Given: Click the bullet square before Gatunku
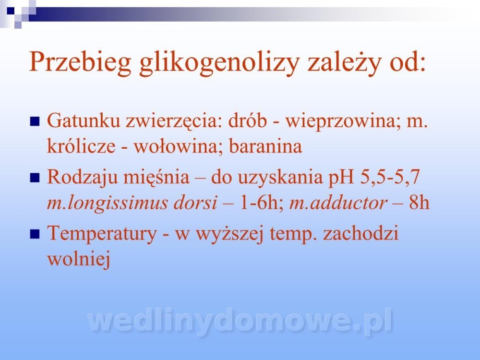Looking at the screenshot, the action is tap(35, 121).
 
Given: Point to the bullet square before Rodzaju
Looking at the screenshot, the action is tap(35, 178).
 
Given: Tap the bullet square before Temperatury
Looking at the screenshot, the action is tap(35, 234).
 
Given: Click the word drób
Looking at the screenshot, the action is tap(247, 120).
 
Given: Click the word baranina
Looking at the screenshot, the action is tap(265, 146).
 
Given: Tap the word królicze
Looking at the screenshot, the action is tap(81, 146).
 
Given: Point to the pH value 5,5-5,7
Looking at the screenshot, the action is tap(390, 177).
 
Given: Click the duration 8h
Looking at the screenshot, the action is tap(419, 203).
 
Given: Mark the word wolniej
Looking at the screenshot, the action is tap(79, 259).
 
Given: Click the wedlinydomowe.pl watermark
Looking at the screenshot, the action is tap(240, 321).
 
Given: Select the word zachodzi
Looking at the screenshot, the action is tap(360, 233).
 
